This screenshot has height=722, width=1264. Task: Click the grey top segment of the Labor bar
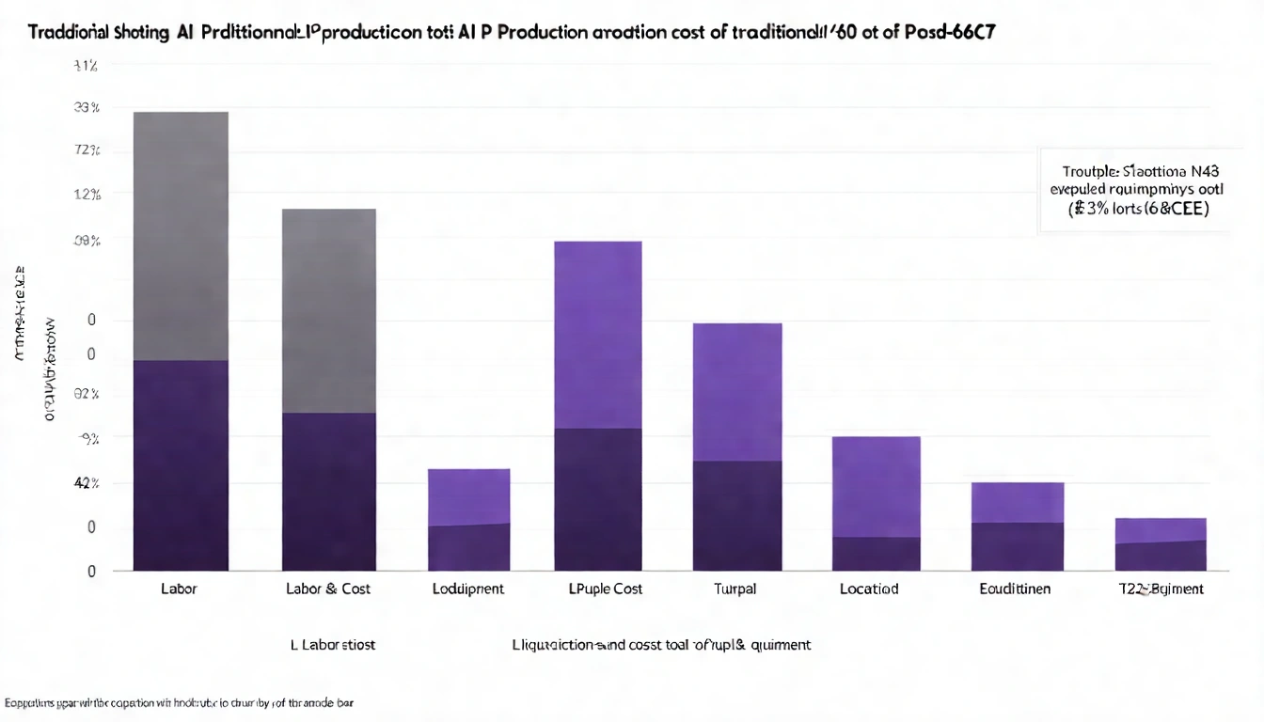181,235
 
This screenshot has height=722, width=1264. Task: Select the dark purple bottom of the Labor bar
181,465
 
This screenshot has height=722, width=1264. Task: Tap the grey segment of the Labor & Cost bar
329,310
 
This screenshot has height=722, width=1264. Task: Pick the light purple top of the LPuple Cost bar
598,334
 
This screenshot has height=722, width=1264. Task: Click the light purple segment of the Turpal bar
737,391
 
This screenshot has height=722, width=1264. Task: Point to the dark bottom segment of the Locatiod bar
877,554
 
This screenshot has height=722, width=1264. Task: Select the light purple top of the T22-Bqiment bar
1161,529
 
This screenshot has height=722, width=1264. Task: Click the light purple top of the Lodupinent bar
468,495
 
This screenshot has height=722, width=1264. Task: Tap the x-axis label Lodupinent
468,589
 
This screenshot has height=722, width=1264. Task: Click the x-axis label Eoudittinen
1015,589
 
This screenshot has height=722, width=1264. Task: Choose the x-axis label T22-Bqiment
1160,589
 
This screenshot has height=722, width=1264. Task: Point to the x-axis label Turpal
735,589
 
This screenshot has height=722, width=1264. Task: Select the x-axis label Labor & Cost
328,589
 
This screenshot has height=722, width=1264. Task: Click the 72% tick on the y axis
87,150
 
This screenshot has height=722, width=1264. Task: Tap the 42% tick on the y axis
87,483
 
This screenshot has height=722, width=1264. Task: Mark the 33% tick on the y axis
87,108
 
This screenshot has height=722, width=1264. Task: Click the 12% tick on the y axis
87,196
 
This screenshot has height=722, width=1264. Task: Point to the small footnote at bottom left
183,702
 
